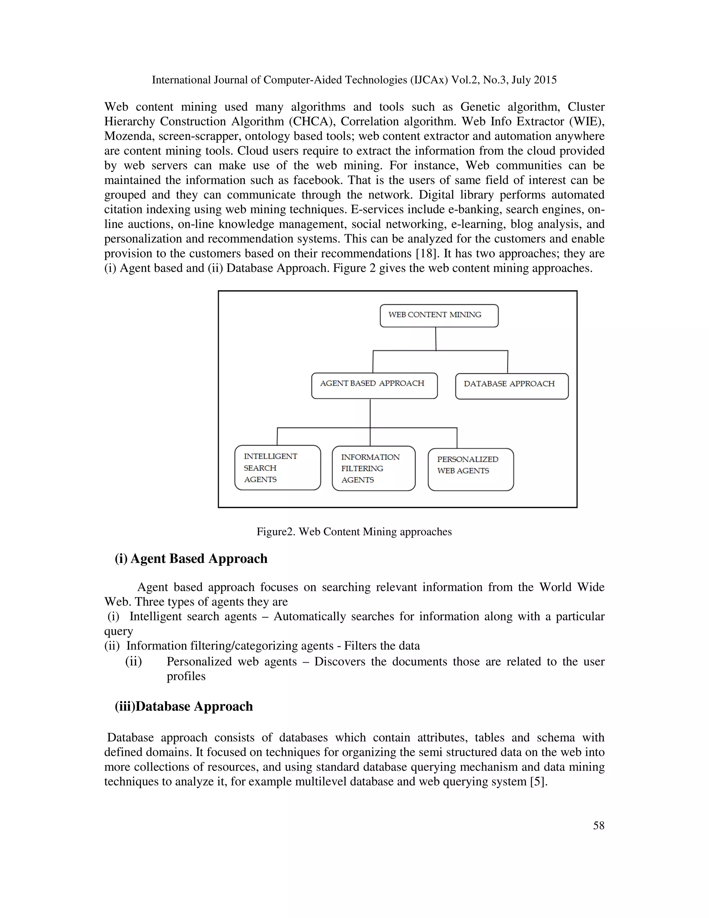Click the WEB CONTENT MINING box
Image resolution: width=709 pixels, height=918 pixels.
click(x=439, y=316)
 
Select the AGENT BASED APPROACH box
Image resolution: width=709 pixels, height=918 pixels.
click(x=374, y=386)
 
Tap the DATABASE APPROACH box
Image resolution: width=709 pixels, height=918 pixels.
click(x=512, y=386)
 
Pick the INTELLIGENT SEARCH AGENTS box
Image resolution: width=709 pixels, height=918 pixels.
click(x=277, y=467)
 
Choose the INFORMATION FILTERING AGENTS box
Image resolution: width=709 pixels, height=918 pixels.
click(x=374, y=468)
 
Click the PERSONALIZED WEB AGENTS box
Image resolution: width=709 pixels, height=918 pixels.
click(x=470, y=469)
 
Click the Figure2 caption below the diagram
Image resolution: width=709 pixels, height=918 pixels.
click(x=354, y=532)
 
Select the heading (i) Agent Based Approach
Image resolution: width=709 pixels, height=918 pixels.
click(x=191, y=559)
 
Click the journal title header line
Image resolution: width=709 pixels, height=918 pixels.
click(x=354, y=80)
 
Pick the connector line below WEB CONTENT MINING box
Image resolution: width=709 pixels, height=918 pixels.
click(x=436, y=338)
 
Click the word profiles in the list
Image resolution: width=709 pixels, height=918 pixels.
click(x=186, y=676)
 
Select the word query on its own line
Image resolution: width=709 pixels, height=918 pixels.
click(x=118, y=631)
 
